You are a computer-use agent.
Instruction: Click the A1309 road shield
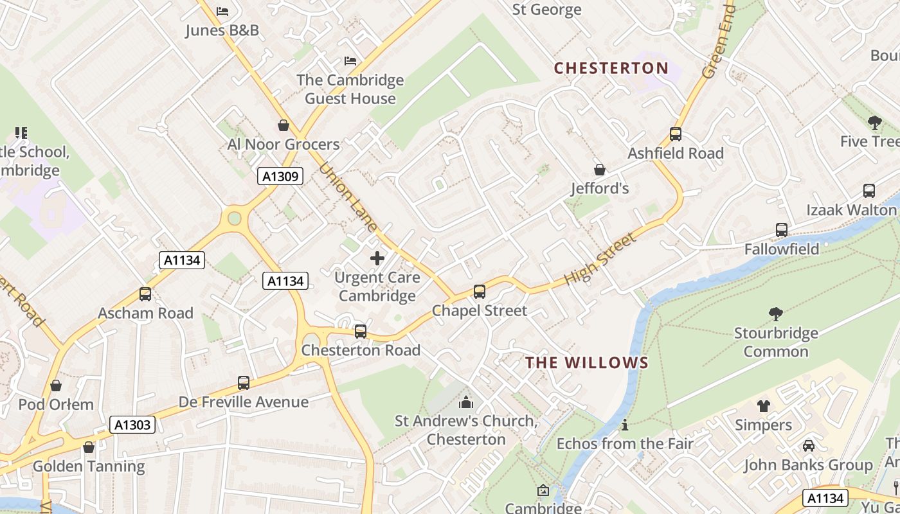pos(280,176)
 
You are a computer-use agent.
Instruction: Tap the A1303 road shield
pos(132,425)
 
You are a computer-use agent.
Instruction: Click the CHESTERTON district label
pos(611,68)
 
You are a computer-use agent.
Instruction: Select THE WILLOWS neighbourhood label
pos(587,362)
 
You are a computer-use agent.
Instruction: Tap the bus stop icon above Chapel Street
pos(480,292)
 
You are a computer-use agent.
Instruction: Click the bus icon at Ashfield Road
pos(676,134)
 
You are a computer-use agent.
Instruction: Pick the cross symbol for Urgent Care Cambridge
pos(377,259)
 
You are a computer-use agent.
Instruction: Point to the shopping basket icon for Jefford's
pos(600,170)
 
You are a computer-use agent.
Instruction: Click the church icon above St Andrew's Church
pos(465,403)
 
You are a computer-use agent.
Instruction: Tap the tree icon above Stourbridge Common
pos(776,314)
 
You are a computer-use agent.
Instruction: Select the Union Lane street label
pos(348,197)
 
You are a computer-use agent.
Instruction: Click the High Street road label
pos(599,260)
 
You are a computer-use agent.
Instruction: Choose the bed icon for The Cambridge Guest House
pos(350,61)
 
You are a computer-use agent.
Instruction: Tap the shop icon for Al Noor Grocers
pos(283,125)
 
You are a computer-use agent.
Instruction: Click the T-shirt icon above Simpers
pos(763,406)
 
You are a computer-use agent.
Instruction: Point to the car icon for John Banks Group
pos(809,446)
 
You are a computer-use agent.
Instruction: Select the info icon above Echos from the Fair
pos(625,425)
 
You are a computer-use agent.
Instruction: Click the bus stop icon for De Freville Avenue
pos(244,383)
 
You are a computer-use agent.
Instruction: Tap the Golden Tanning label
pos(89,466)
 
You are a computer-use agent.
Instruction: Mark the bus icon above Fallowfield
pos(782,230)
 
